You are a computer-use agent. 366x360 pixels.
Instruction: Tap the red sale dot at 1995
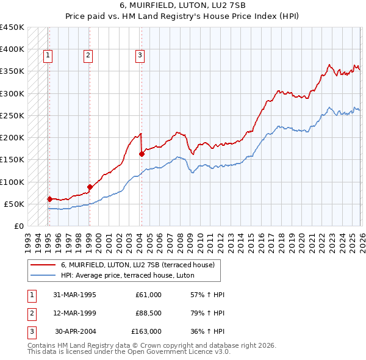pos(49,198)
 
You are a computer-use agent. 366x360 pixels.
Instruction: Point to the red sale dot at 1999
pos(90,187)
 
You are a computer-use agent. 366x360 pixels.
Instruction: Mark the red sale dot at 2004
pos(142,154)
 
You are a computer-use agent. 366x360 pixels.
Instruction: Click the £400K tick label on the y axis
pos(12,49)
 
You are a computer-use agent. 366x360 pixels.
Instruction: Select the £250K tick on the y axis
pos(12,115)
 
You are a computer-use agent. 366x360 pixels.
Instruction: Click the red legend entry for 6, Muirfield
pos(137,265)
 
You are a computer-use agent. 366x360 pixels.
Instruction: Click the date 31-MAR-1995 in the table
pos(75,295)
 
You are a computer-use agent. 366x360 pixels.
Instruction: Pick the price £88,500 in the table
pos(146,313)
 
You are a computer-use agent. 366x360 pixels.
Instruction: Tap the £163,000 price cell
pos(146,331)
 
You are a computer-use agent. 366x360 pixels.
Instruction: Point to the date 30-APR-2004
pos(75,331)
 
